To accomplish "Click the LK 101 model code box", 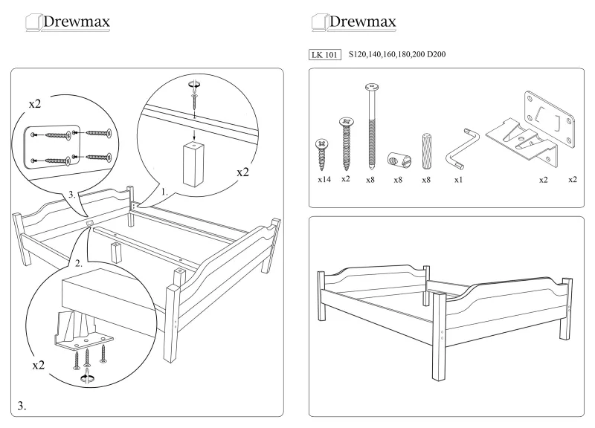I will tap(325, 55).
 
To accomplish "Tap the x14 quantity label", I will tap(324, 180).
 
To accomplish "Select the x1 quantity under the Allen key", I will tap(458, 180).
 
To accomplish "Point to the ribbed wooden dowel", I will tap(426, 152).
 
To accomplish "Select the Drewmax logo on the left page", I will tap(68, 22).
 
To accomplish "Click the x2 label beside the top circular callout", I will tap(242, 172).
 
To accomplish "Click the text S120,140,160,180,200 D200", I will tap(397, 55).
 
